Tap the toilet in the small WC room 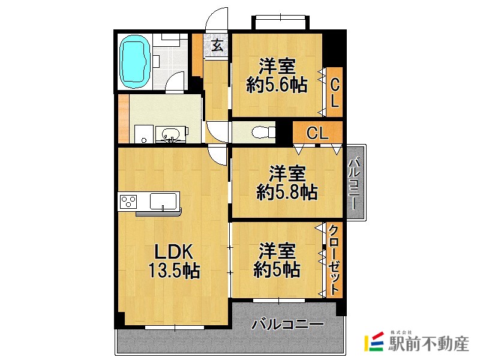pos(262,131)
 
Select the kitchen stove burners pos(128,201)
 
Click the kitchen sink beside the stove pos(163,200)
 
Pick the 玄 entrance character pos(217,46)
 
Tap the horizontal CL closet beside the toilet pos(317,133)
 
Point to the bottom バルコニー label pos(287,326)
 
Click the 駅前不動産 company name pos(428,344)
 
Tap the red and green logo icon pos(374,343)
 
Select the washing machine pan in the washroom pos(142,134)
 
